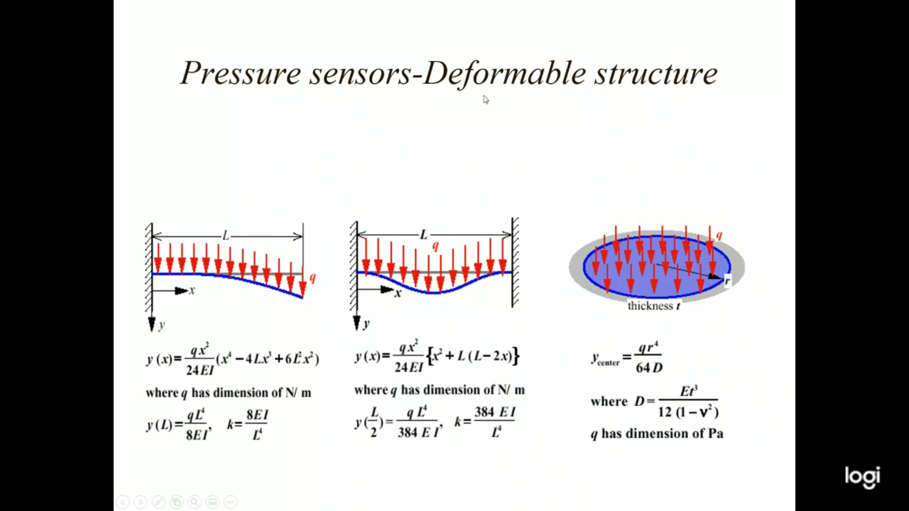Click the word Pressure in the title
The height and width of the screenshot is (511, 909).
tap(241, 73)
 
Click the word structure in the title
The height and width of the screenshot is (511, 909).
tap(656, 73)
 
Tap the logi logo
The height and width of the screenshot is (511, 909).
tap(862, 476)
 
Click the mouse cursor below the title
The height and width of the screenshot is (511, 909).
tap(486, 99)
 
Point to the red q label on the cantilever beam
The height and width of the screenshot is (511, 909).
tap(312, 277)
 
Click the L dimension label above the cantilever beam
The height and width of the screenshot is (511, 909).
tap(226, 235)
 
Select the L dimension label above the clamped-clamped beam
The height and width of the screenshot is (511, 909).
tap(424, 234)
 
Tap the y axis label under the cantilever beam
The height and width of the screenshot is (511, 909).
tap(162, 325)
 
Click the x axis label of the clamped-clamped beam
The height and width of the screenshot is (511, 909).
tap(398, 293)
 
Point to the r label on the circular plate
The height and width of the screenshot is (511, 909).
tap(727, 281)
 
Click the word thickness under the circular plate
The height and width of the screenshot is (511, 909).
tap(650, 306)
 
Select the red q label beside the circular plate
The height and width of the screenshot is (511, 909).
tap(719, 235)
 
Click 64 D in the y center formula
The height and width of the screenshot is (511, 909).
tap(649, 368)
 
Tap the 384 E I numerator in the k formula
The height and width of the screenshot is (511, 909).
tap(495, 412)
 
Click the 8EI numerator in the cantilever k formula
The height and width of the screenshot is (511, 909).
tap(257, 415)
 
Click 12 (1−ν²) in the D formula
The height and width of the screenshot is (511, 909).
tap(688, 412)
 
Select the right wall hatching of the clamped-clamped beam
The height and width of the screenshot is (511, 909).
tap(515, 263)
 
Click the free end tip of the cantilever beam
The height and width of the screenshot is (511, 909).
tap(302, 297)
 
